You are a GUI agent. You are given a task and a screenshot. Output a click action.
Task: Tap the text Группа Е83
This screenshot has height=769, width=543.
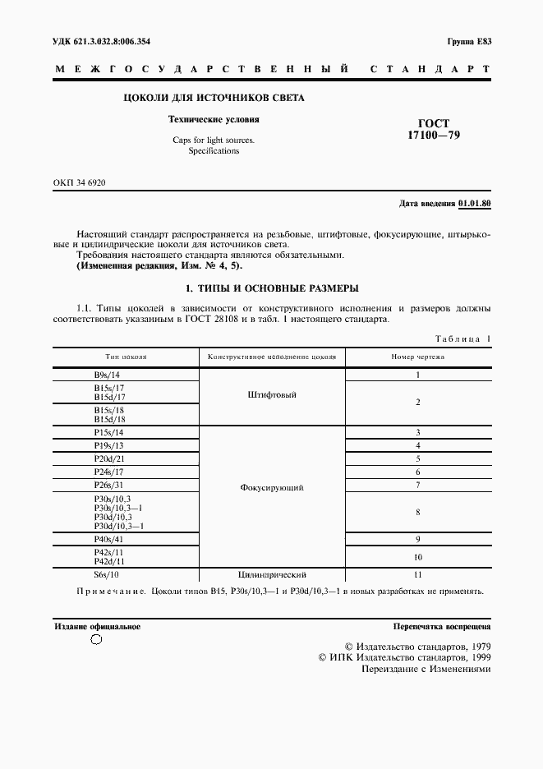[x=468, y=41]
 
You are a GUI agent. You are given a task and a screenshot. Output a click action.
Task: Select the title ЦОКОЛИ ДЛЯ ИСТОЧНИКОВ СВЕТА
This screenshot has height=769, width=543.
[x=214, y=99]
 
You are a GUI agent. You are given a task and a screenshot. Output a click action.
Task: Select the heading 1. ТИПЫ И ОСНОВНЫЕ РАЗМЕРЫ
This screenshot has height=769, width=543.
[x=271, y=288]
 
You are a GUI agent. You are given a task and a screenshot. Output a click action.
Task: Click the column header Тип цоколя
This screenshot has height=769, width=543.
[x=126, y=357]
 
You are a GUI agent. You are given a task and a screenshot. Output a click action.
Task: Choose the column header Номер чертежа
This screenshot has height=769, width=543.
[x=417, y=357]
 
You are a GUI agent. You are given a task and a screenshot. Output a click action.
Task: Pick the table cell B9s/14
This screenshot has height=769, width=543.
[x=108, y=375]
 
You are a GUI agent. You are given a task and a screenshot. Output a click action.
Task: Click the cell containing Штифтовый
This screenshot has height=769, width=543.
[x=271, y=395]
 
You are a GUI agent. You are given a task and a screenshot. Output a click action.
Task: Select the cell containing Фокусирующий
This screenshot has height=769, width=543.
[x=272, y=487]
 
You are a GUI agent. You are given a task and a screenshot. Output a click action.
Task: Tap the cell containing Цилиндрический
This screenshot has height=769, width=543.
[x=272, y=575]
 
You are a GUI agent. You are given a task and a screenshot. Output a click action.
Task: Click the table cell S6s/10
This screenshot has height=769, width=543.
[x=108, y=575]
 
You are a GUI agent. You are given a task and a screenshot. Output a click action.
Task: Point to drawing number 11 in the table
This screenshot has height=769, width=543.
[x=417, y=575]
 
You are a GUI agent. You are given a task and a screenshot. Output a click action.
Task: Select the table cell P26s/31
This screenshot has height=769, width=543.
[x=108, y=485]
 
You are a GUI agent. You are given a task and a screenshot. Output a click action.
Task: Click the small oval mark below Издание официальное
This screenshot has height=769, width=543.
[x=95, y=641]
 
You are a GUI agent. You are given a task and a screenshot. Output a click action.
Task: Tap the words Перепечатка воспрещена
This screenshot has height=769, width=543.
[x=441, y=626]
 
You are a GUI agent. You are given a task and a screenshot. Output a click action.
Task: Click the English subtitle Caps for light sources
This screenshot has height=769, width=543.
[x=214, y=140]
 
